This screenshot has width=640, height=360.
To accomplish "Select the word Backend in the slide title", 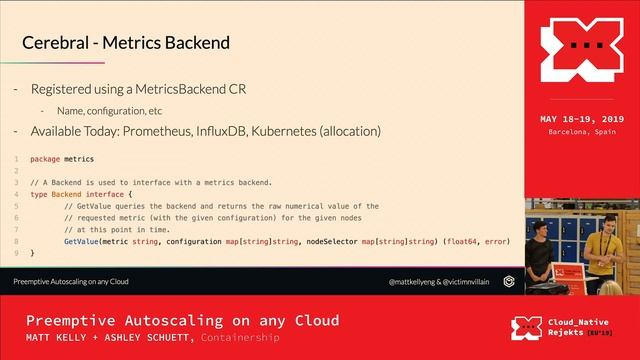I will [x=199, y=43].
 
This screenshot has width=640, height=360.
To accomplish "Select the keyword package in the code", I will [x=44, y=159].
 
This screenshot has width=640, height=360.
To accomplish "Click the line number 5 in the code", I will [x=17, y=206].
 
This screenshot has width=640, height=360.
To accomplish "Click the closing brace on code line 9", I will [x=32, y=253].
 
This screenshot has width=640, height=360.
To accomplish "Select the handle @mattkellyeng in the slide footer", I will [x=415, y=283].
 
